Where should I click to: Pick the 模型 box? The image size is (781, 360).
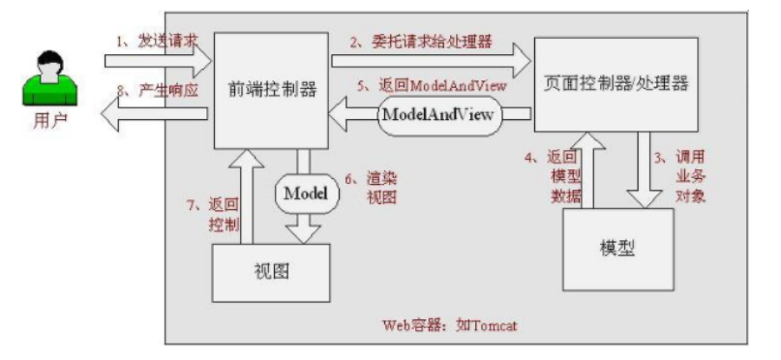point(616,246)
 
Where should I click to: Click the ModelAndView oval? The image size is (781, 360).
point(440,115)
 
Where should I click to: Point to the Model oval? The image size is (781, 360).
point(306,194)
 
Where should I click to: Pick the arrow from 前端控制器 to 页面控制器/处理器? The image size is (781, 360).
point(431,62)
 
